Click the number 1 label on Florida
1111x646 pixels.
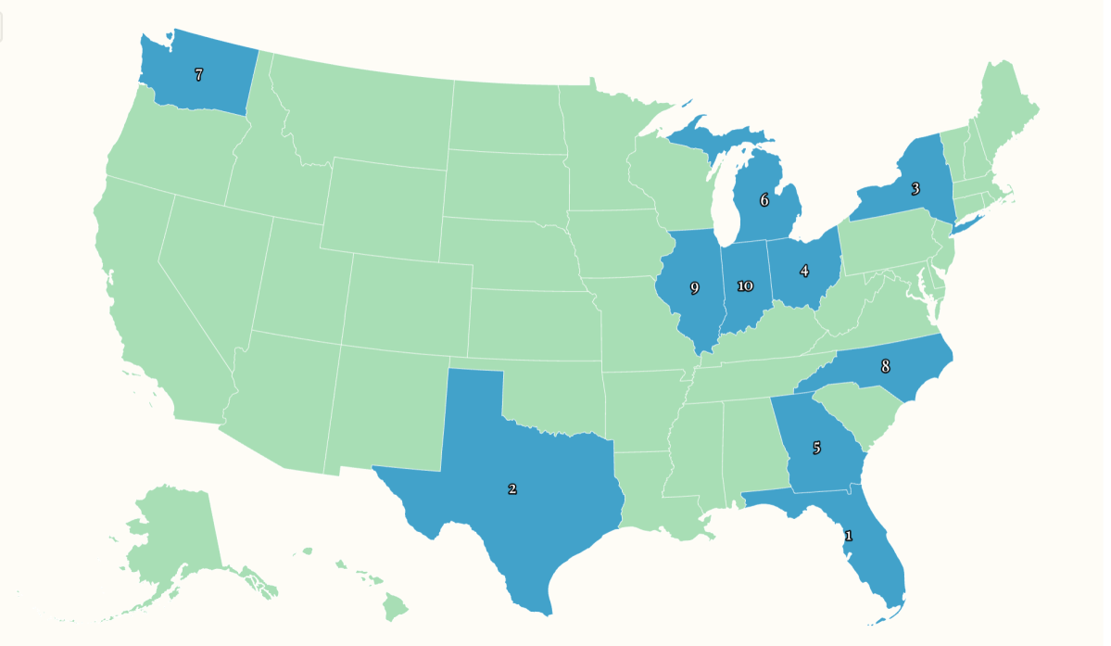click(848, 536)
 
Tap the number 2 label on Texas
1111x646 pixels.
click(511, 488)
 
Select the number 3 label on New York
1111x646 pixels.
click(915, 189)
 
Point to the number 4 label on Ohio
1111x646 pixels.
click(803, 272)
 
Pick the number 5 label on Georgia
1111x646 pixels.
click(816, 448)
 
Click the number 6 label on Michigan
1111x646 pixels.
click(764, 199)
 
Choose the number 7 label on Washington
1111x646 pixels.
click(198, 74)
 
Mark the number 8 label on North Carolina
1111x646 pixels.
click(885, 366)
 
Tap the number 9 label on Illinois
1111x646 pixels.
click(694, 288)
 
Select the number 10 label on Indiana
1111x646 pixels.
click(745, 285)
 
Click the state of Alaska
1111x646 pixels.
click(171, 538)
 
